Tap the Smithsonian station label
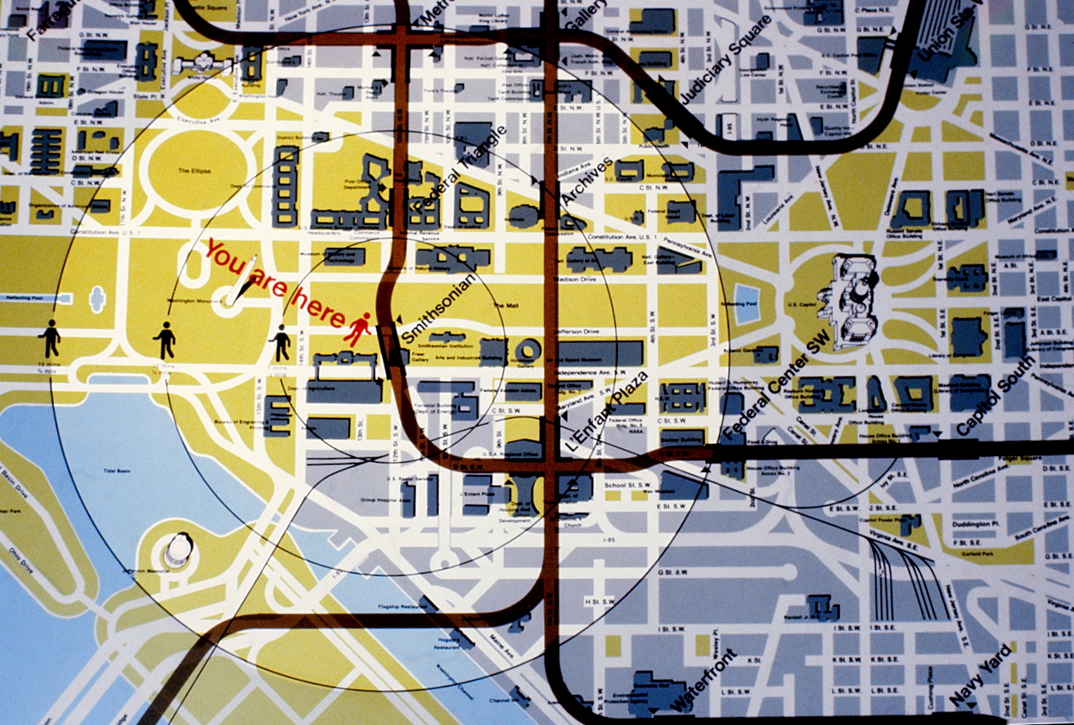pos(437,308)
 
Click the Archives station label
pos(587,182)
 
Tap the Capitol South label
pos(995,395)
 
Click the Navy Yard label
pos(981,675)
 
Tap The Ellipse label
pos(194,171)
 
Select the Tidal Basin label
pos(117,471)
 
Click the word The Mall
pos(505,306)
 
